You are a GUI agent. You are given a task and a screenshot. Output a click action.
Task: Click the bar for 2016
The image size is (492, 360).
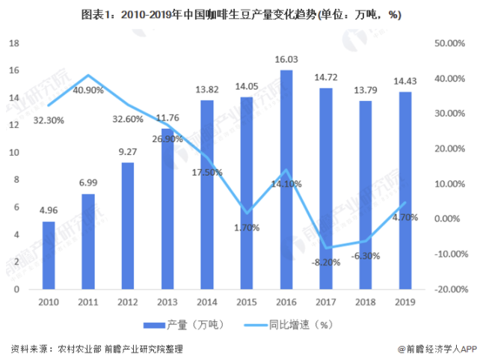(x=286, y=180)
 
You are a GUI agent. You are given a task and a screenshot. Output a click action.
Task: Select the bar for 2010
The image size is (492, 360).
(x=49, y=254)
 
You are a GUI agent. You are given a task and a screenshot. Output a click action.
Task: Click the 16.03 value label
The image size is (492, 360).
(x=286, y=59)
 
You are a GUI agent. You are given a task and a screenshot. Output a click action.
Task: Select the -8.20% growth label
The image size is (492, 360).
(x=326, y=262)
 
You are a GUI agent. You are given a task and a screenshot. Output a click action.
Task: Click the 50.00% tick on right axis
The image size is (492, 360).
(x=451, y=43)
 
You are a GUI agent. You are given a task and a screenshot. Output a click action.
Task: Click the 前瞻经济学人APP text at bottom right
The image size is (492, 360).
(x=441, y=349)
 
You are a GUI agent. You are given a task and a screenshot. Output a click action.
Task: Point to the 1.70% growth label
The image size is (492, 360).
(x=247, y=228)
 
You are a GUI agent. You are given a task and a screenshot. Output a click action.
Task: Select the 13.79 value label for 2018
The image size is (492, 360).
(x=365, y=91)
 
